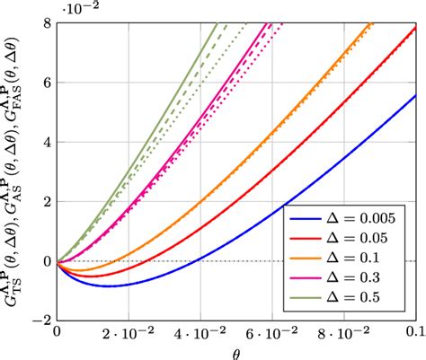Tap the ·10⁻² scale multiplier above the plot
[78, 8]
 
